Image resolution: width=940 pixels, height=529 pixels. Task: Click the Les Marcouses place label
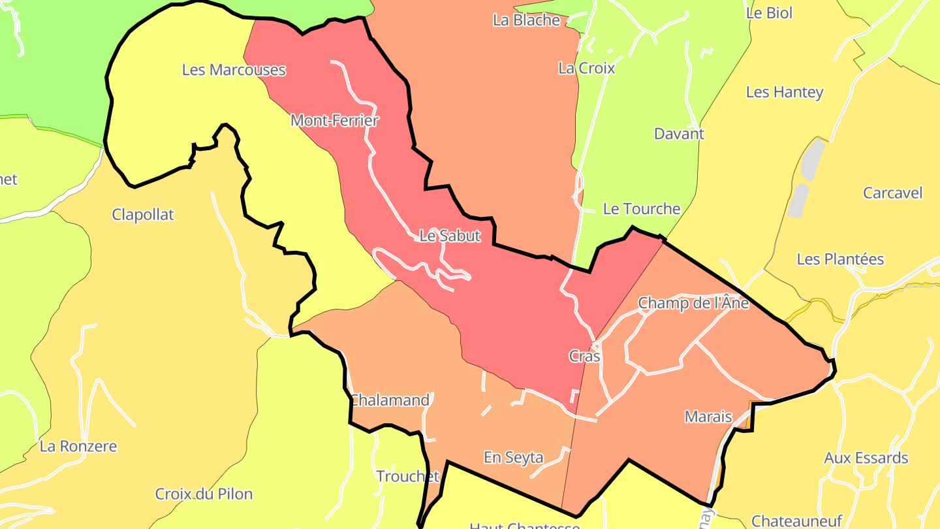coord(234,70)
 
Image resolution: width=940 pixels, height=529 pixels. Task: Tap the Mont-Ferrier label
coord(335,121)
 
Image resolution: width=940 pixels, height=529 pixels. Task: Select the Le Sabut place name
coord(450,236)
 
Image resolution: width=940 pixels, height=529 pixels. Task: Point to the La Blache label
coord(526,20)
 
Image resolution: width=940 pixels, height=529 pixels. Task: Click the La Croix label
coord(586,68)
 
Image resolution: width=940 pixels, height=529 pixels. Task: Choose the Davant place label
coord(679,134)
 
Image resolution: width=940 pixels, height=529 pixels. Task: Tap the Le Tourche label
coord(641,209)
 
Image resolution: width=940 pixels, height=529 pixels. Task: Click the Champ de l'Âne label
coord(693,303)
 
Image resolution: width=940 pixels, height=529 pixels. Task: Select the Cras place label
coord(584,357)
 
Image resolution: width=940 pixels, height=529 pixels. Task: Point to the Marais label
coord(708,416)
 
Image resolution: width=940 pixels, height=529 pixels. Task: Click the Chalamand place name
coord(390,400)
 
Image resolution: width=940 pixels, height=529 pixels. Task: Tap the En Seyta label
coord(513,458)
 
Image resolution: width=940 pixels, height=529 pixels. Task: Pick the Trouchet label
coord(407,477)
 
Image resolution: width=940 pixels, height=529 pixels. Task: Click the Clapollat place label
coord(143,215)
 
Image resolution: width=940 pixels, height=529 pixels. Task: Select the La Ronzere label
coord(78,447)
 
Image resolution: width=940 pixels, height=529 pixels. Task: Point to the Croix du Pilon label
coord(204,494)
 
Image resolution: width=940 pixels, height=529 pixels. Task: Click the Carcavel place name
coord(892,193)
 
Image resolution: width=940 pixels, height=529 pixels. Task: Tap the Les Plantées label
coord(840,259)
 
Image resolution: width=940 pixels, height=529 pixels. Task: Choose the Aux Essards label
coord(866,458)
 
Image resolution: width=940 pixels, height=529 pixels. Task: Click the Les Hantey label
coord(784,92)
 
